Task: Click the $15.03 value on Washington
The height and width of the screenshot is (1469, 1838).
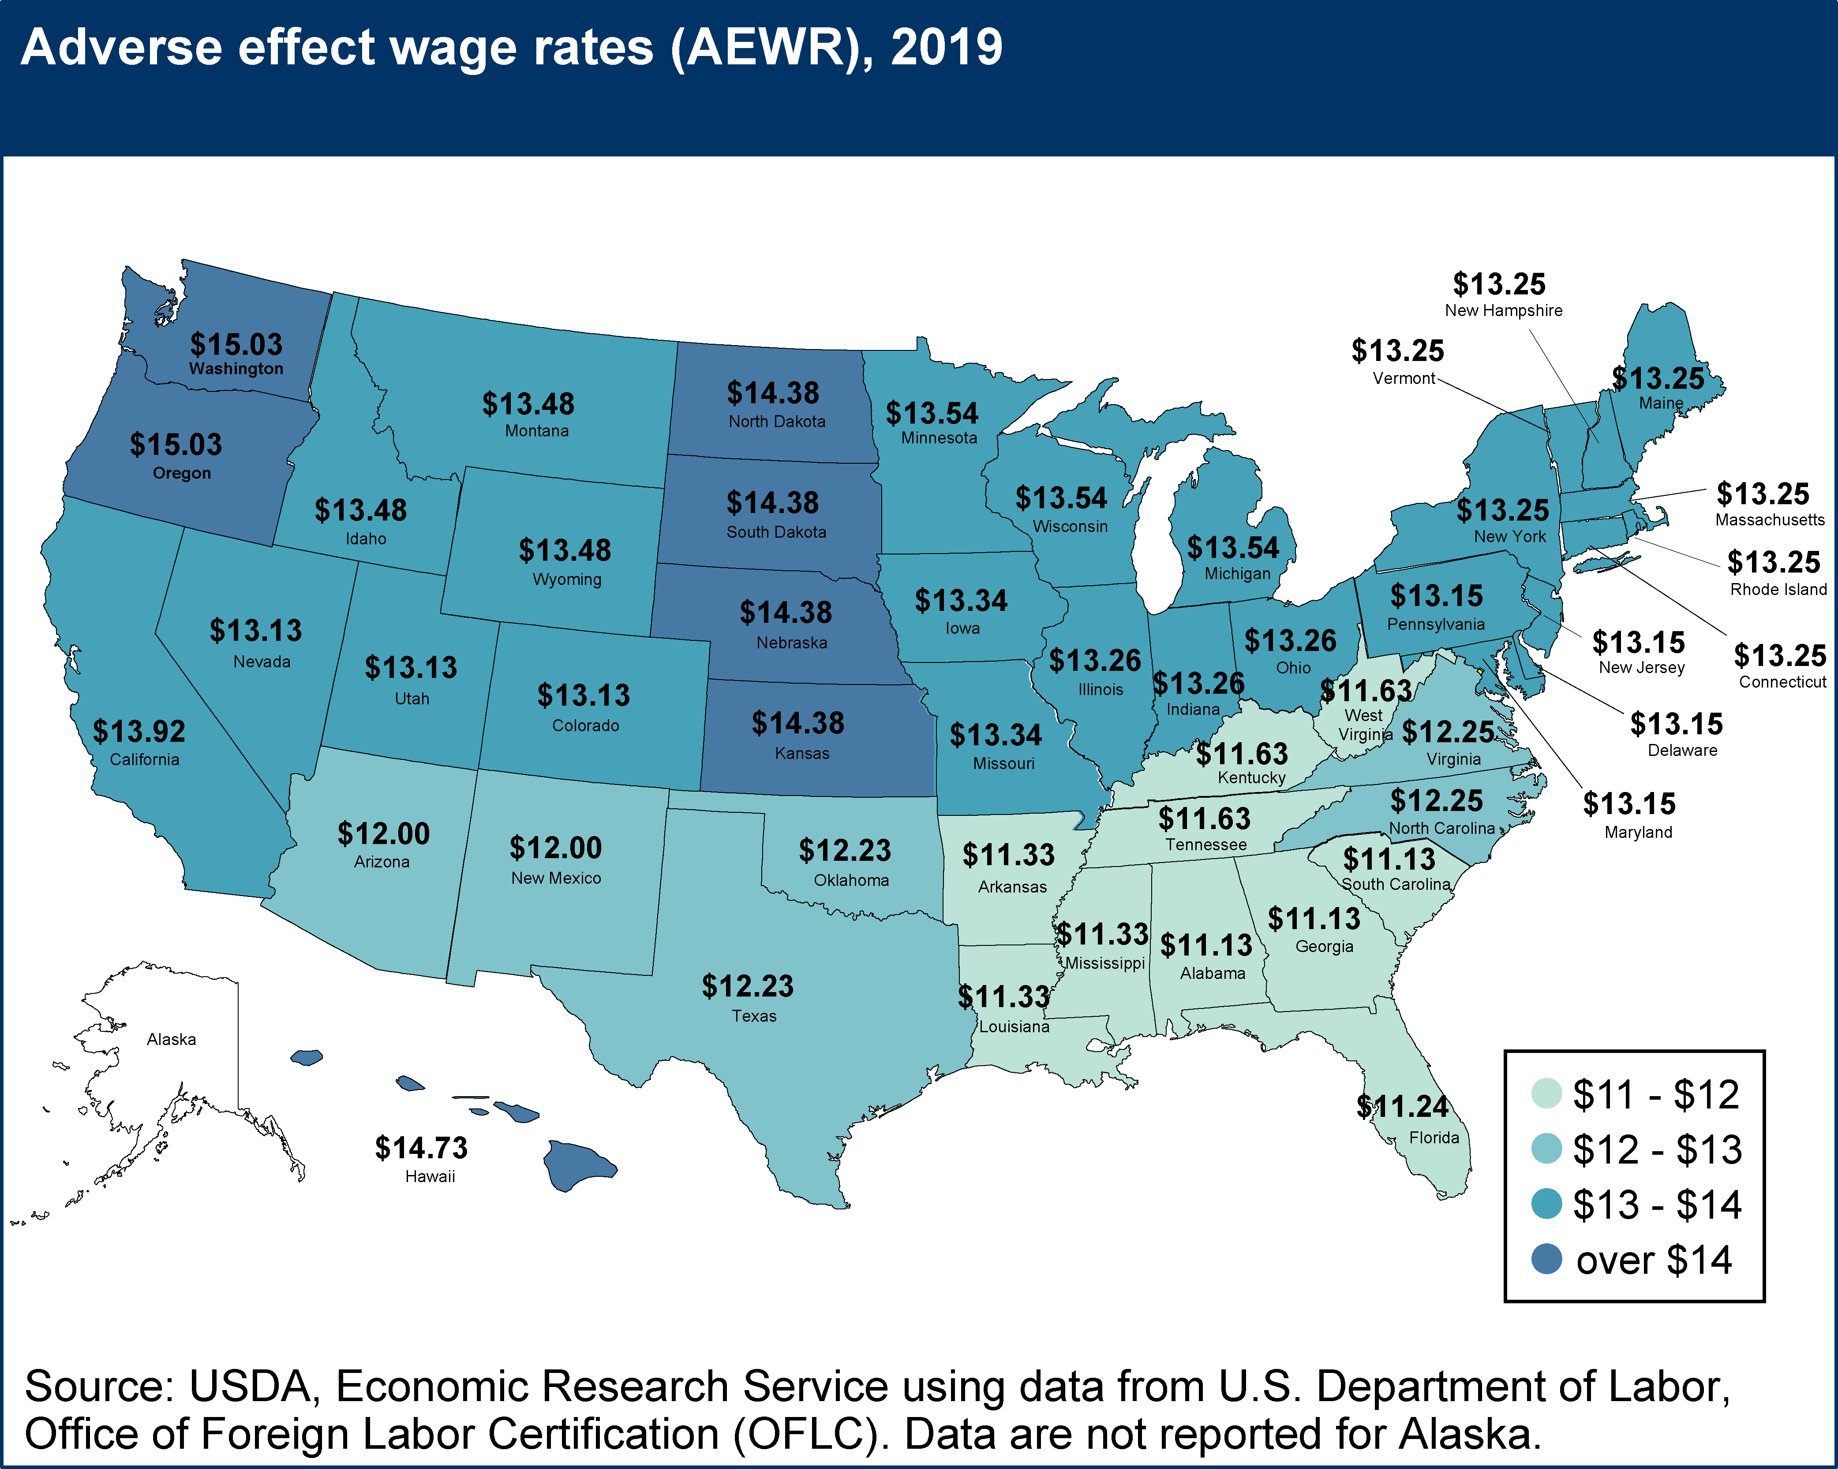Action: tap(236, 344)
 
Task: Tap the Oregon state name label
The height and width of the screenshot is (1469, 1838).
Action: tap(182, 473)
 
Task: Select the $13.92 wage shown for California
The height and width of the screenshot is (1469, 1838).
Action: tap(139, 731)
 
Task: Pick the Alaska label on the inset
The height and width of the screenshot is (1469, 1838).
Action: tap(171, 1039)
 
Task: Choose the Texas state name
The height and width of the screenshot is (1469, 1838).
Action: tap(754, 1015)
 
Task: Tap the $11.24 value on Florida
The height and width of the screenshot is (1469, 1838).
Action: tap(1402, 1106)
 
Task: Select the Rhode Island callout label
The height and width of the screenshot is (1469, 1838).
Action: tap(1778, 589)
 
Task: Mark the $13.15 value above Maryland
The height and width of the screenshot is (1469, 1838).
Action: tap(1629, 803)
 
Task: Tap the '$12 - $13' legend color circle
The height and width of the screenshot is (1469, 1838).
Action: tap(1546, 1149)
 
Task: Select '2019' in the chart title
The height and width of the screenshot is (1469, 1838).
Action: tap(946, 48)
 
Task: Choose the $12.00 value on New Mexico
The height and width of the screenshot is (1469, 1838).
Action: tap(556, 848)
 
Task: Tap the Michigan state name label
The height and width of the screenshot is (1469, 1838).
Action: tap(1237, 573)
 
